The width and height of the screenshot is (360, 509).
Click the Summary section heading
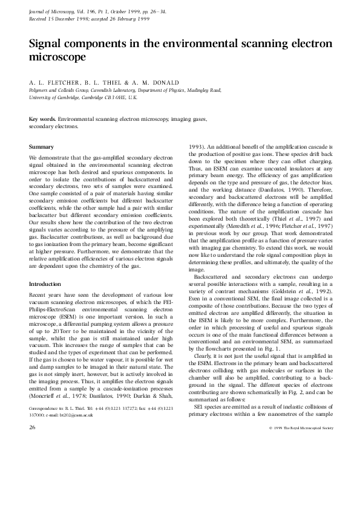tap(41, 147)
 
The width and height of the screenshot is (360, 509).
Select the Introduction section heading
tap(46, 284)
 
